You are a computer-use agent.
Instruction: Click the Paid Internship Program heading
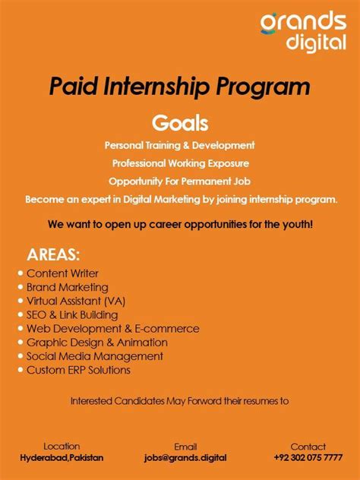[x=179, y=86]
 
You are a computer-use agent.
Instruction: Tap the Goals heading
[x=180, y=122]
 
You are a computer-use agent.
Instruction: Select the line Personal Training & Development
[x=179, y=144]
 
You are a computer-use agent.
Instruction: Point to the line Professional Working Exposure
[x=180, y=163]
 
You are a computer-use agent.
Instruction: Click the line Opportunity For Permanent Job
[x=180, y=181]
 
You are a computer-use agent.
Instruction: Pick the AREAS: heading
[x=53, y=254]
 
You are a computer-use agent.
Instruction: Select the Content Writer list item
[x=62, y=273]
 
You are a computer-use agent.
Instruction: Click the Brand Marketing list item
[x=67, y=287]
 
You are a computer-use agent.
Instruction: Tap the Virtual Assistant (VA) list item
[x=76, y=301]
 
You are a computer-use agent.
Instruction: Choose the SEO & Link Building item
[x=72, y=314]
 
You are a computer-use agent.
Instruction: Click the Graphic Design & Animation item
[x=97, y=343]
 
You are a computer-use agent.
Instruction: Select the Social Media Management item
[x=95, y=356]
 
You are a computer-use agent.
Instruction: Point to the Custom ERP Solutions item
[x=78, y=370]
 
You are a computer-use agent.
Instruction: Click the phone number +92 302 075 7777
[x=308, y=458]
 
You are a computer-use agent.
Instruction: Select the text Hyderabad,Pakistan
[x=62, y=458]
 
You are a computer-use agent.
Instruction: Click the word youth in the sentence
[x=295, y=226]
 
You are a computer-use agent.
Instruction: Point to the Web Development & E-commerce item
[x=113, y=329]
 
